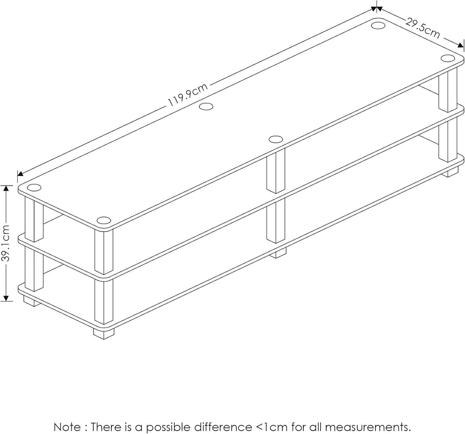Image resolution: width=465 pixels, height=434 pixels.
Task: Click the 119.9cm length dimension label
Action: coord(188,96)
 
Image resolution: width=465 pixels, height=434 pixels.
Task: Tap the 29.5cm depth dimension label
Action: coord(422,29)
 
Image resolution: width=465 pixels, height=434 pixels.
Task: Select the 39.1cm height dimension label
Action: coord(6,243)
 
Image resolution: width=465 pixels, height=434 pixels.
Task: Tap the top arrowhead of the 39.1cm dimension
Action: coord(6,188)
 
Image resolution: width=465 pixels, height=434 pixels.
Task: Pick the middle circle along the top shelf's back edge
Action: coord(206,106)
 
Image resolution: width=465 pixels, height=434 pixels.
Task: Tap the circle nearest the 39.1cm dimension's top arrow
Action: coord(34,187)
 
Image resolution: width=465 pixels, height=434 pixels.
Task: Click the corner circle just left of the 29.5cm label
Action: coord(378,25)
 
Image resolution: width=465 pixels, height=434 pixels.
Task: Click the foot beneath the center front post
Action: coord(278,252)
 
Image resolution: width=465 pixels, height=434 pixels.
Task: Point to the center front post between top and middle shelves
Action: coord(275,173)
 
